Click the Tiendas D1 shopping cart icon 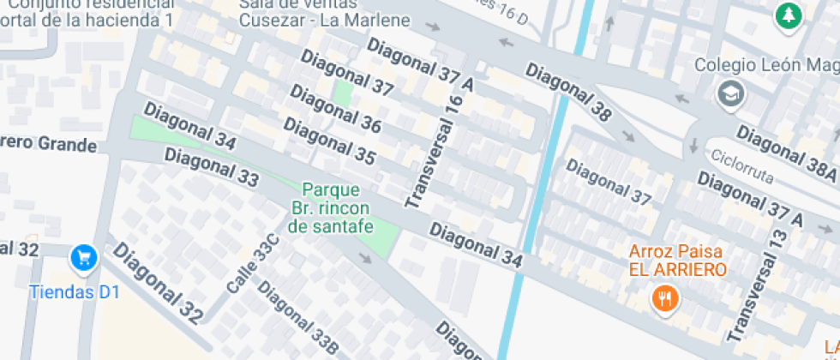pos(83,256)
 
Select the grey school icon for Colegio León pos(729,92)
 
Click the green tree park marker pos(788,14)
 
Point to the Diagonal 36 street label pos(335,109)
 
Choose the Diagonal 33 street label pos(211,167)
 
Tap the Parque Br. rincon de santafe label pos(330,208)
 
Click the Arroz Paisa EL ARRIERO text pos(677,261)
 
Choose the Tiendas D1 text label pos(74,291)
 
